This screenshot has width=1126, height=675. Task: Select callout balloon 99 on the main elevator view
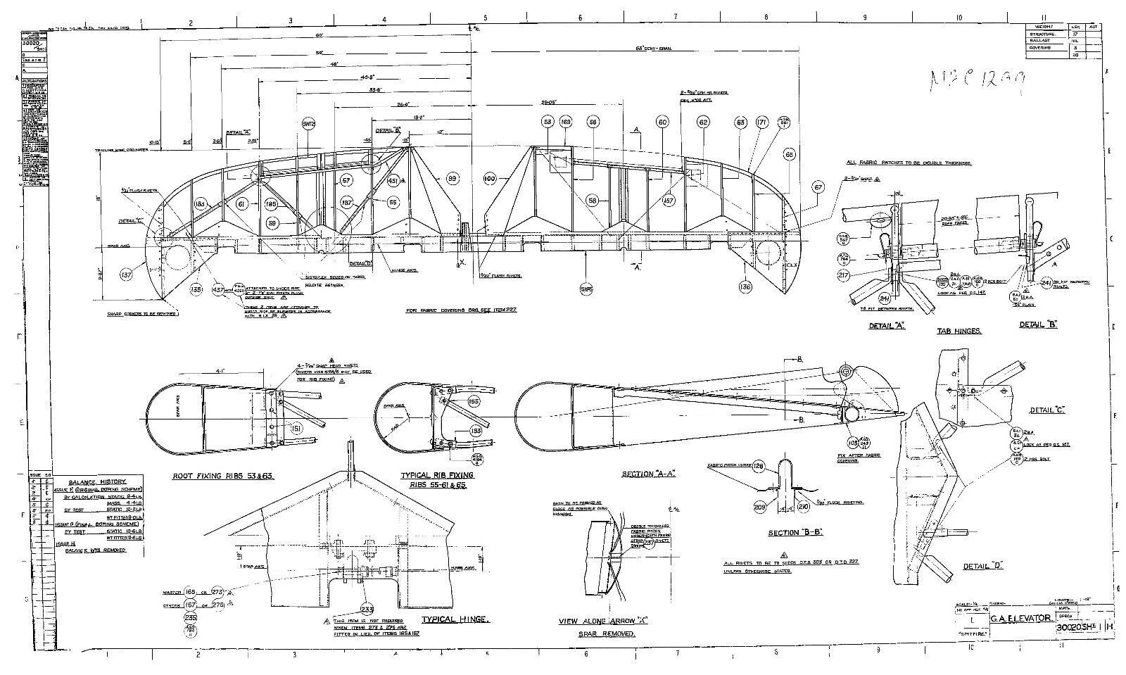point(453,179)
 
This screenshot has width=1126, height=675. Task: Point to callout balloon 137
point(127,275)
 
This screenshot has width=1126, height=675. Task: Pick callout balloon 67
point(818,188)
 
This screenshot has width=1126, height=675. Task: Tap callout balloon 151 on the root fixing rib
point(296,429)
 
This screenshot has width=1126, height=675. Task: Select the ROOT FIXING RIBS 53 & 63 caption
point(223,477)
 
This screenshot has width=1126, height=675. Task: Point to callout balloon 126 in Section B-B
point(759,466)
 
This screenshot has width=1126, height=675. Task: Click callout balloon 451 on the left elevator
point(393,182)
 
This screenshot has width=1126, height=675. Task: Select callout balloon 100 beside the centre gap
point(490,179)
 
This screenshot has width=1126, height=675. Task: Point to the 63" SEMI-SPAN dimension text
point(654,49)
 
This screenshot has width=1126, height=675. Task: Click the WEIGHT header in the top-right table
point(1044,27)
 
